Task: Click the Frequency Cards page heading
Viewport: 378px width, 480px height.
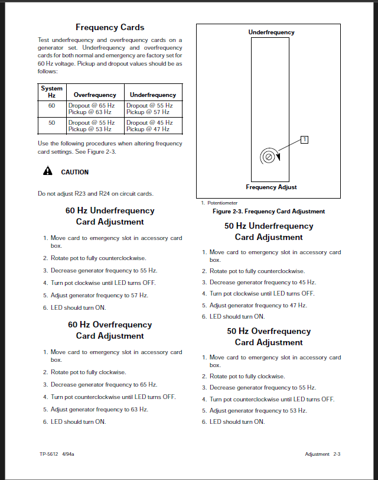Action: tap(110, 27)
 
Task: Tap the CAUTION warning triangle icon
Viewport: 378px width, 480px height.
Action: tap(47, 172)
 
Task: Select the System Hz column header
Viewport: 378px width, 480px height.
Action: tap(51, 92)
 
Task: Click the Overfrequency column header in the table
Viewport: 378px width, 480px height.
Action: tap(94, 95)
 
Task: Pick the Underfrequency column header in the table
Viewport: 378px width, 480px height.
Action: tap(152, 95)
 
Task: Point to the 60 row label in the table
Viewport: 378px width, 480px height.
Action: tap(51, 105)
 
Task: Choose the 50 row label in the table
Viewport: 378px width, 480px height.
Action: tap(51, 122)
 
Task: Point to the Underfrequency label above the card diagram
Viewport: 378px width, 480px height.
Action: tap(271, 33)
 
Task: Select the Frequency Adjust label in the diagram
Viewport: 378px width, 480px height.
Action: tap(271, 187)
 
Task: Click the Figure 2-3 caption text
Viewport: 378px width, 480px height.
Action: tap(269, 212)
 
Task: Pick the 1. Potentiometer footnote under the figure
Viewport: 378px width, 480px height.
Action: tap(219, 203)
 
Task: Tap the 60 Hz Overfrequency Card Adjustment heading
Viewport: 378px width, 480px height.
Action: tap(110, 330)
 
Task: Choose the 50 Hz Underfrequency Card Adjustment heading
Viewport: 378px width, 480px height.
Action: tap(269, 232)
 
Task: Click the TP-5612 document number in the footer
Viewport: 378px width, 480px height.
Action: tap(48, 454)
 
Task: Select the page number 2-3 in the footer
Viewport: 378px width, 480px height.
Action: tap(337, 454)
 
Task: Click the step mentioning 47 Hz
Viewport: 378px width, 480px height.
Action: tap(258, 306)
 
